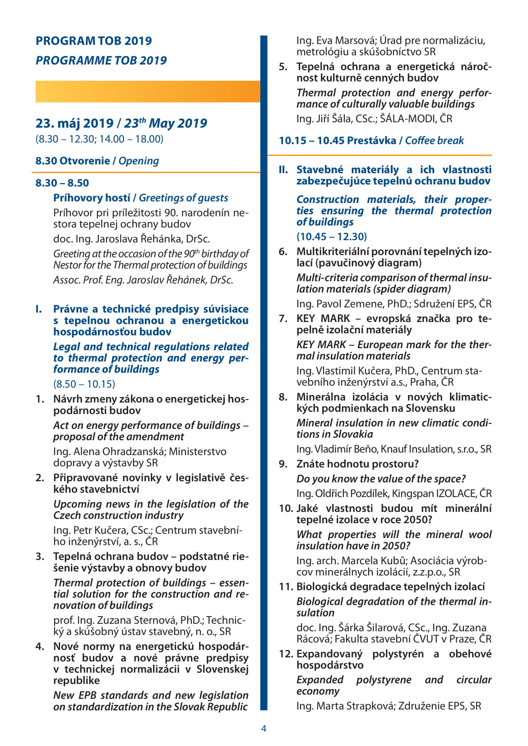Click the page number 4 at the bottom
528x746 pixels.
coord(264,728)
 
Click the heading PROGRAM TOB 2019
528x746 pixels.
coord(94,41)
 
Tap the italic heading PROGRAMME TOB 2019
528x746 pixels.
coord(101,60)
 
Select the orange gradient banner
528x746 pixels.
coord(148,92)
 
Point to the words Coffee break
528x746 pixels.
coord(434,141)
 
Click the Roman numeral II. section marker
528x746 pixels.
coord(283,170)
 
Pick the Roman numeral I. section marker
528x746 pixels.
coord(39,309)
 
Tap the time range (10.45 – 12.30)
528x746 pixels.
coord(332,237)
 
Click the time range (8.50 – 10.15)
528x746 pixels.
coord(84,384)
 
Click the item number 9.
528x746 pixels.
coord(283,464)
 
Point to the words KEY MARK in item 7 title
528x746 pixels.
coord(323,319)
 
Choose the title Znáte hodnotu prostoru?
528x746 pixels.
coord(357,464)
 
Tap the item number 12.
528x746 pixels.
coord(286,654)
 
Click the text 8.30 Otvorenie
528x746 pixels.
coord(73,161)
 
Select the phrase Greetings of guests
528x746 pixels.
coord(183,198)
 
